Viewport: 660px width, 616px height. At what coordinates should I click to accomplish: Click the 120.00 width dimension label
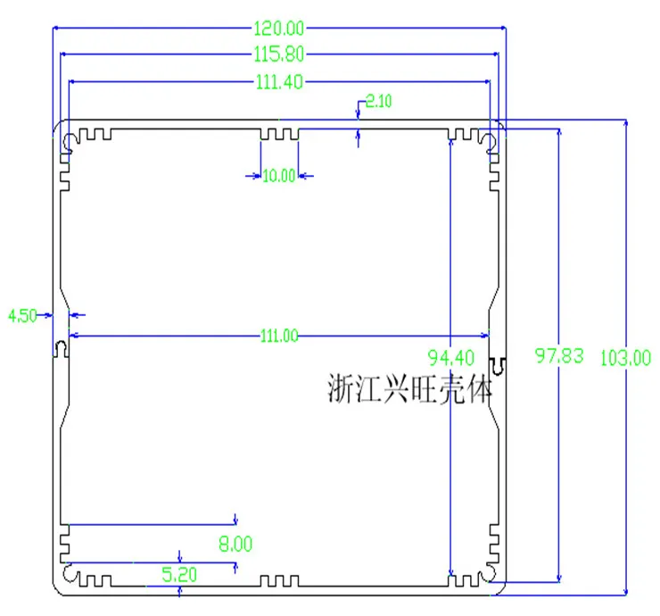(278, 29)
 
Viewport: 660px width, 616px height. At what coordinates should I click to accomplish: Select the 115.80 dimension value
(278, 54)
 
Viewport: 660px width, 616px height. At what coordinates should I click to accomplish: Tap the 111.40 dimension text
(279, 82)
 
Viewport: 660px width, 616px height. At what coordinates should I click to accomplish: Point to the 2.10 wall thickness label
(378, 101)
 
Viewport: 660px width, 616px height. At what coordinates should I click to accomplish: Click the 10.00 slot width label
(278, 176)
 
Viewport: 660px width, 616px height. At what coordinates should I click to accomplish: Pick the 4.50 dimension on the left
(22, 315)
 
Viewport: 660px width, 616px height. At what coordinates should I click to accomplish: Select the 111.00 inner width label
(279, 336)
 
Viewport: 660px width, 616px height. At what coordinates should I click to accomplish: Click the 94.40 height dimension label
(451, 358)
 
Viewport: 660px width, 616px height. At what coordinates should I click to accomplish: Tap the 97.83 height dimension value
(559, 355)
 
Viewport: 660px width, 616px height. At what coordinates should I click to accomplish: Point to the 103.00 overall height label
(625, 358)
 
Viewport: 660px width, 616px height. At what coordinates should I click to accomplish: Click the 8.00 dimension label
(235, 544)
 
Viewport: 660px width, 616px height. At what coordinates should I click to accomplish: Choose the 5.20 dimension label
(179, 575)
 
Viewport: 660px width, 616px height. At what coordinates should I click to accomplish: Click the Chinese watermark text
(409, 388)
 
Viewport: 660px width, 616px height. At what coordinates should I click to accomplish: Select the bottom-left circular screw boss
(70, 572)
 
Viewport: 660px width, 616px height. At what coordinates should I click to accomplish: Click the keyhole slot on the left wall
(61, 349)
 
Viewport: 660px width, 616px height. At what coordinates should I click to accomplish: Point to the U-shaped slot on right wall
(498, 366)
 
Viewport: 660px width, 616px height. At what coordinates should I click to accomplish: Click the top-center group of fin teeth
(279, 135)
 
